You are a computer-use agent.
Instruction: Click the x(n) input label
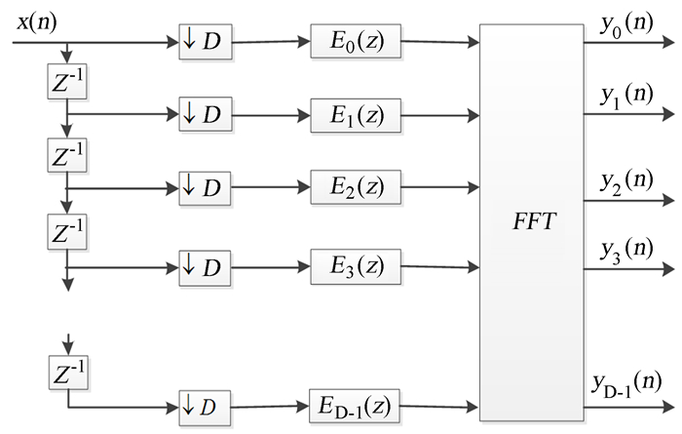click(x=37, y=20)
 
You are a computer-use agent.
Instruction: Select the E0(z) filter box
click(x=355, y=44)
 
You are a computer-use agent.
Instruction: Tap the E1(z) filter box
click(x=355, y=114)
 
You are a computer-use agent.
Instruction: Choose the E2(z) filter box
click(x=355, y=186)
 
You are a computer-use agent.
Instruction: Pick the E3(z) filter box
click(x=355, y=262)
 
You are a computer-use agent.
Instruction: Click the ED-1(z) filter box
click(x=355, y=403)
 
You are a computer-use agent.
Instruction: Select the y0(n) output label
click(x=627, y=26)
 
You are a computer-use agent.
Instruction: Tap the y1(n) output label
click(x=627, y=97)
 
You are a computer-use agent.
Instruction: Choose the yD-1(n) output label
click(x=627, y=382)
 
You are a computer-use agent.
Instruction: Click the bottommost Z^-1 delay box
click(x=66, y=374)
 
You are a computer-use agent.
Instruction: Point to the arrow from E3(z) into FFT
click(x=438, y=264)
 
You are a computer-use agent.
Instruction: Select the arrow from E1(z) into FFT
click(x=438, y=115)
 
